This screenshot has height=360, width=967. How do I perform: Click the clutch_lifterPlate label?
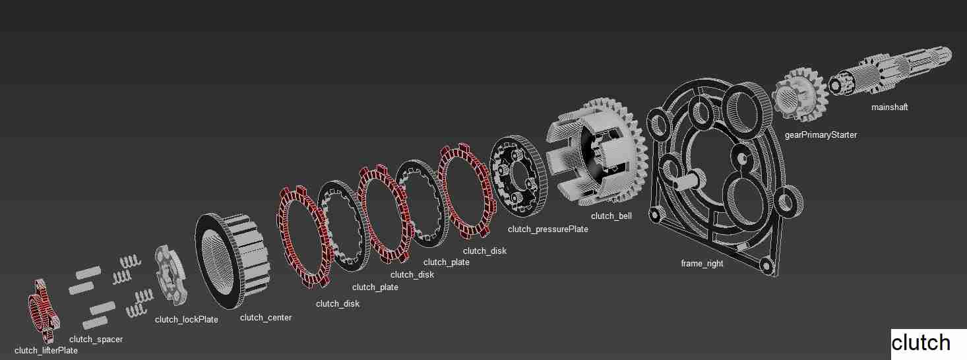click(46, 350)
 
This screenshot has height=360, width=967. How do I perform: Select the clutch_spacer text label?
click(96, 339)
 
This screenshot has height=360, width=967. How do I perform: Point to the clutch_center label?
click(265, 317)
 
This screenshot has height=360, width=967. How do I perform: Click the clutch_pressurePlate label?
click(547, 229)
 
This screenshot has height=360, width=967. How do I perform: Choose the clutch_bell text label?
click(611, 216)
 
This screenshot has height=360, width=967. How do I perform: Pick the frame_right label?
click(702, 263)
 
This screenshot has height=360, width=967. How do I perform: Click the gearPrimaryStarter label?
click(821, 135)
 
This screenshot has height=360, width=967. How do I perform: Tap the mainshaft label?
click(889, 107)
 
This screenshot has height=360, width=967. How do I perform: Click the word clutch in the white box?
click(921, 343)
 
